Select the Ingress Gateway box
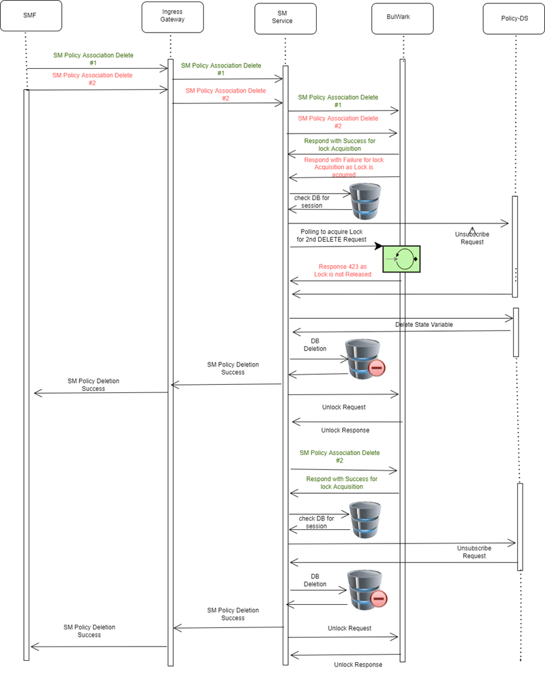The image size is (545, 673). coord(172,16)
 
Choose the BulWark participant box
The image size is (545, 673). coord(403,16)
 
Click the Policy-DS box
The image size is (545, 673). coord(514,17)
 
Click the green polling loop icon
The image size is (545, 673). coord(401,258)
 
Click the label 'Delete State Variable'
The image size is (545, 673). coord(424,324)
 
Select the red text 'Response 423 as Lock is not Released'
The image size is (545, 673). coord(343,270)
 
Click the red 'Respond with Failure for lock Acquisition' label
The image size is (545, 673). coord(344,167)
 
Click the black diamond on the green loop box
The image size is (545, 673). coord(416,259)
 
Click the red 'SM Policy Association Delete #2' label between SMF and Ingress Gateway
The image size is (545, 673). coord(92,79)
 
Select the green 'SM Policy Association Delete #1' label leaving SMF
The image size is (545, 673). coord(93,59)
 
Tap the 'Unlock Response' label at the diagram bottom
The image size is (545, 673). coord(358,664)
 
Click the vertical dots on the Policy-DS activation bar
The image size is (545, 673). coord(516,274)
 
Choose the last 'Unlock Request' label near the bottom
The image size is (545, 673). coord(349,628)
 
